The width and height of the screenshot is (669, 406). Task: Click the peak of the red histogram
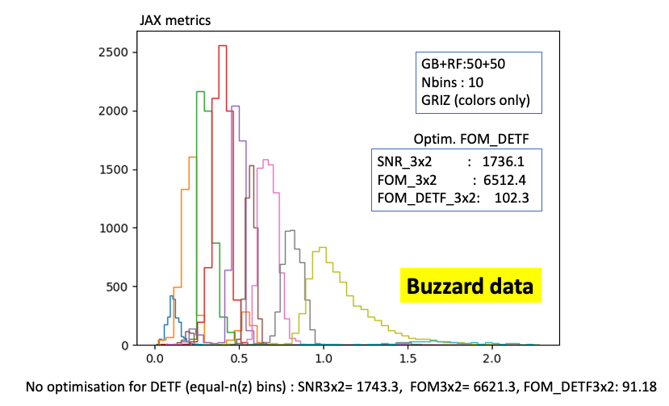coord(222,46)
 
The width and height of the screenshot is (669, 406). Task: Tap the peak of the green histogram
coord(201,92)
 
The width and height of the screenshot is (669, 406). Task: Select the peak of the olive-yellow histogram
coord(323,248)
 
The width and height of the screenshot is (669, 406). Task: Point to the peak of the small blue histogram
coord(171,296)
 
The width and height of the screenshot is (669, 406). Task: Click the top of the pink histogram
coord(266,159)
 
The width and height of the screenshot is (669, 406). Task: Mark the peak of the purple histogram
coord(236,107)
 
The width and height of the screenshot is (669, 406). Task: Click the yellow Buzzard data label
coord(469,286)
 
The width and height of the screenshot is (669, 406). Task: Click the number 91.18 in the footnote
coord(642,387)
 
